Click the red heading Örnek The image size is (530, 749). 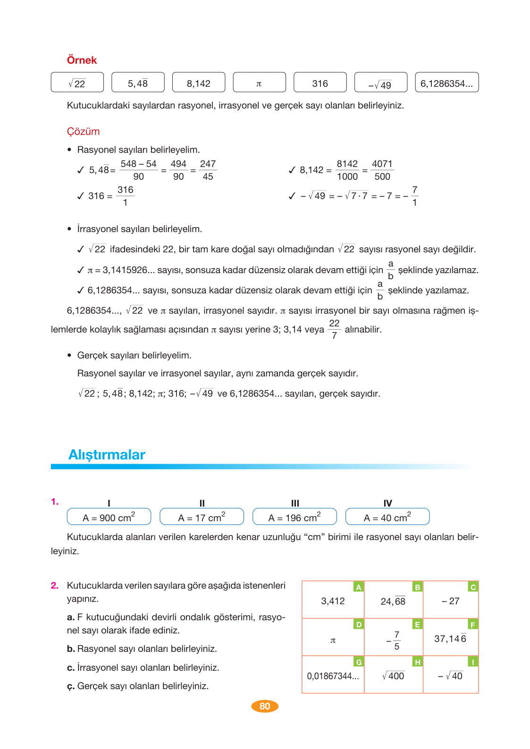pos(82,60)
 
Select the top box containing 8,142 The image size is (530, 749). pos(199,83)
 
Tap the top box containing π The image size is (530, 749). pos(259,83)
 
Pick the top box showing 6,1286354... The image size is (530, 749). pos(446,83)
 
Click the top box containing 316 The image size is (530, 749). pos(320,83)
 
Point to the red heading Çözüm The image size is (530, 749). pos(83,132)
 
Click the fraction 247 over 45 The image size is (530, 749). pos(208,170)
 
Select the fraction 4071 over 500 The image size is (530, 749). pos(382,170)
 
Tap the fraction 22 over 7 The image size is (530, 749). pos(334,329)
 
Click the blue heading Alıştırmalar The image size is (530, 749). pos(107,454)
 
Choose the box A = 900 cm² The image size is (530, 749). pos(109,517)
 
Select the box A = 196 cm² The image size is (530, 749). pos(294,517)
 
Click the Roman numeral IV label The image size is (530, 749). pos(387,503)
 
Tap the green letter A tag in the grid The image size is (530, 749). pos(359,587)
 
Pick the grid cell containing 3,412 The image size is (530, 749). pos(333,601)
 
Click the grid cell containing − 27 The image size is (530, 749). pos(451,601)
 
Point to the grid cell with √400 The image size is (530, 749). pos(393,676)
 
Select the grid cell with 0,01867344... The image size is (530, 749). pos(333,676)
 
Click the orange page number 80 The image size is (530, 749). pos(265,706)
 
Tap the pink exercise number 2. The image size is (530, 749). pos(55,585)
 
